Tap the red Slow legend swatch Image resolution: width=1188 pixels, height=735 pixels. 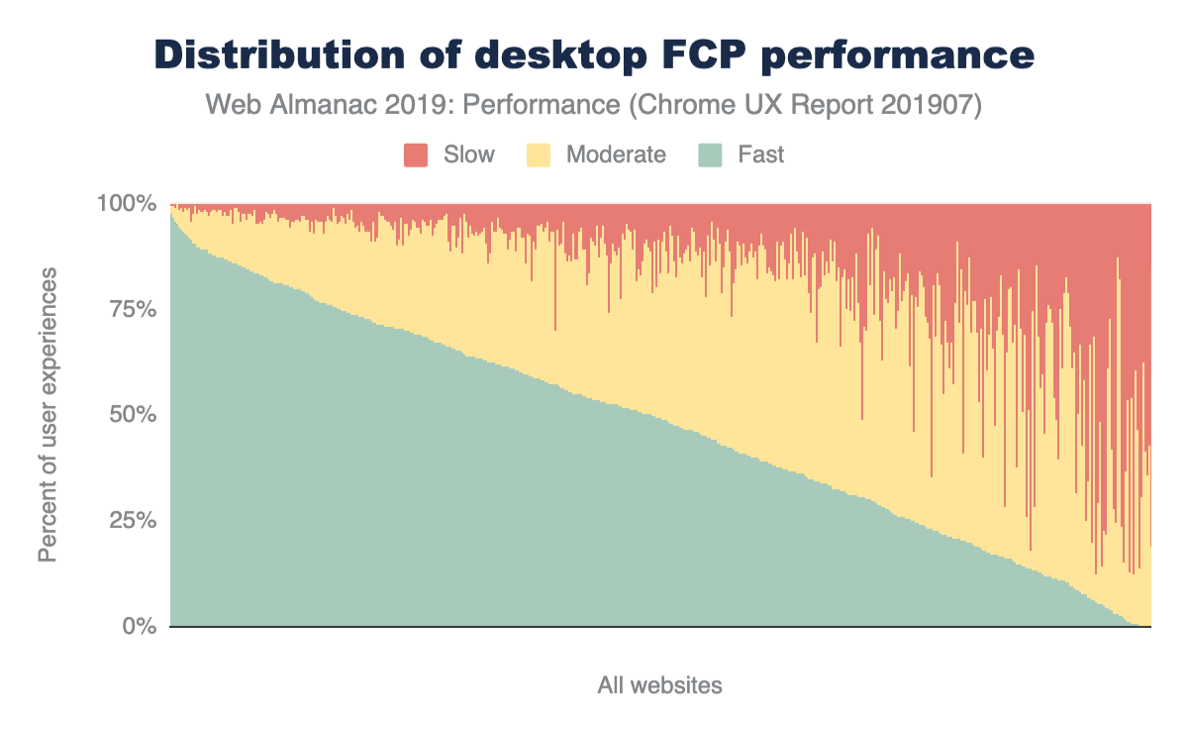(416, 155)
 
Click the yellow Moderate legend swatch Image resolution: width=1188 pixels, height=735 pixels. (540, 155)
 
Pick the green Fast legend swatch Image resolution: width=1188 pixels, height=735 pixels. (712, 155)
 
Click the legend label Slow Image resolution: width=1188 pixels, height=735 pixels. (469, 155)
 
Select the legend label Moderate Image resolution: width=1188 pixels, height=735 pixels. (616, 155)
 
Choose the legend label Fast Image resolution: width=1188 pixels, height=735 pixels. (761, 155)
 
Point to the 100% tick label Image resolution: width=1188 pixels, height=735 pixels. (127, 204)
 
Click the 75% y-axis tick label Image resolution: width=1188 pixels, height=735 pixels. (133, 309)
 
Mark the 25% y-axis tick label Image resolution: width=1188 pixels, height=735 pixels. (133, 520)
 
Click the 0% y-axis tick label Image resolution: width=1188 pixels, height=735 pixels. (139, 626)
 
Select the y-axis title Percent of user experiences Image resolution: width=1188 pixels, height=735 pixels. (49, 414)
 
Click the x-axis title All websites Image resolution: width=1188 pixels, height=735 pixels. (659, 684)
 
